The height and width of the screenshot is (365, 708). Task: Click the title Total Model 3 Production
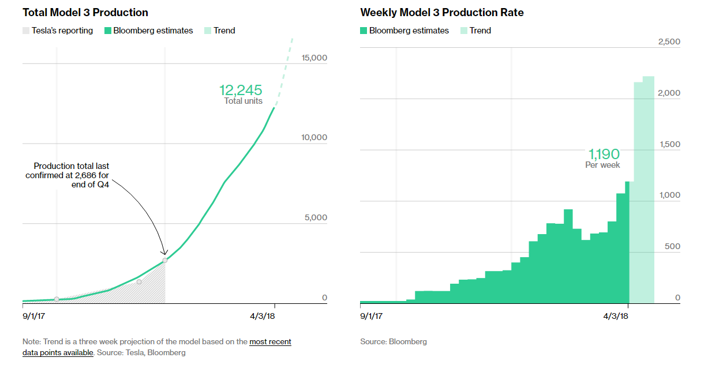click(85, 12)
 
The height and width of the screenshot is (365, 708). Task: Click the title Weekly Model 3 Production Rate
click(441, 12)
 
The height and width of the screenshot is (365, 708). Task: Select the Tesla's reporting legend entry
click(57, 31)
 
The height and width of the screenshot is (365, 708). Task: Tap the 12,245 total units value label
click(240, 91)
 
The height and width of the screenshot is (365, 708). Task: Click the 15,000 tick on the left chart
click(314, 58)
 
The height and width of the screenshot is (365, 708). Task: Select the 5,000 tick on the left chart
click(317, 217)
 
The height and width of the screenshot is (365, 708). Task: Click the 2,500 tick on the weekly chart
click(669, 42)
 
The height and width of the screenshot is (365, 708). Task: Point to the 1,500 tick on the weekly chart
click(669, 144)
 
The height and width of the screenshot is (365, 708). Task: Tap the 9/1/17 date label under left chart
click(34, 316)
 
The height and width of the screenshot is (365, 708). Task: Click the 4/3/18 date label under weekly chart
click(616, 316)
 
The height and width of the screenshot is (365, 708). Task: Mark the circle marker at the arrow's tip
click(165, 260)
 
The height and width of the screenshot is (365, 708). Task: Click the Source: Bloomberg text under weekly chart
click(394, 341)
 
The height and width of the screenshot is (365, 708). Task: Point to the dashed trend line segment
click(284, 72)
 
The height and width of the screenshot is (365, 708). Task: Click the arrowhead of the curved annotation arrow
click(164, 253)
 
